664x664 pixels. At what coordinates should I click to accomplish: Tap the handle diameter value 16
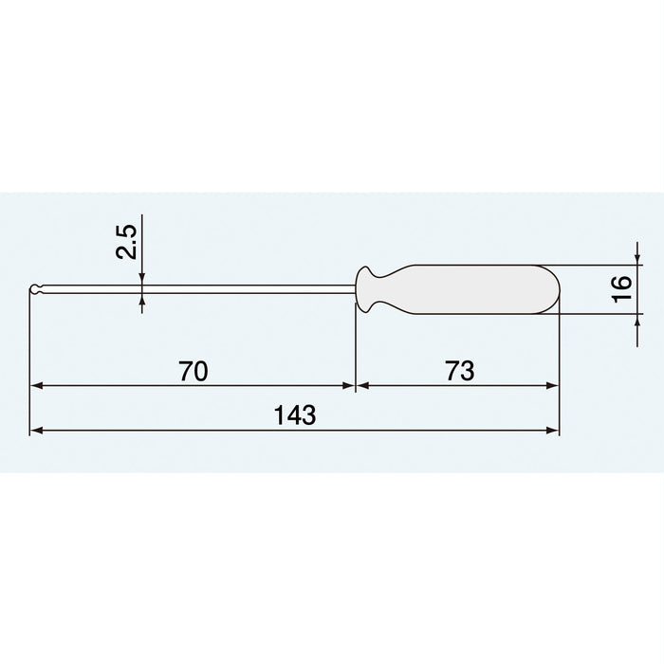pyautogui.click(x=621, y=287)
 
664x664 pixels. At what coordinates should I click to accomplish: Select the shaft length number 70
pyautogui.click(x=193, y=371)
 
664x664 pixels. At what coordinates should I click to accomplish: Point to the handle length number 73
pyautogui.click(x=458, y=371)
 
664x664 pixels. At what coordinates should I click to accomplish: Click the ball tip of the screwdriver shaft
pyautogui.click(x=35, y=288)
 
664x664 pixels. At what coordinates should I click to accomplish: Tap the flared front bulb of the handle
pyautogui.click(x=366, y=288)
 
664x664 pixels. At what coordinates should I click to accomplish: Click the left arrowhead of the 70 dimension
pyautogui.click(x=37, y=387)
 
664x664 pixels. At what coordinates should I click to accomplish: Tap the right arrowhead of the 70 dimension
pyautogui.click(x=348, y=387)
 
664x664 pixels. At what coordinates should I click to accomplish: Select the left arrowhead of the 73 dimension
pyautogui.click(x=363, y=387)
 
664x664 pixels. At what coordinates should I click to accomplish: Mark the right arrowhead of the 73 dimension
pyautogui.click(x=553, y=387)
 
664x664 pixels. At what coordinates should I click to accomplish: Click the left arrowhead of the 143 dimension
pyautogui.click(x=37, y=431)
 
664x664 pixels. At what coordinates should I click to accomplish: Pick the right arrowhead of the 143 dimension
pyautogui.click(x=553, y=431)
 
